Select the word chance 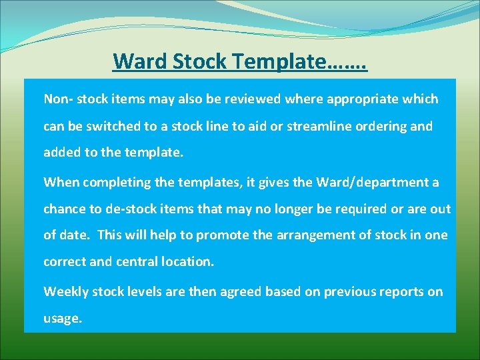coord(65,209)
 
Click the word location coord(189,262)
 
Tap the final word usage coord(63,319)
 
